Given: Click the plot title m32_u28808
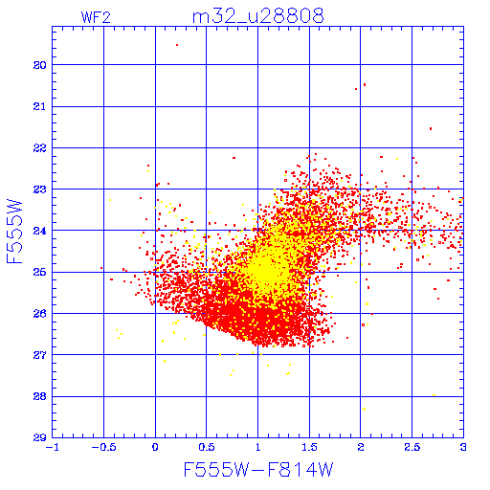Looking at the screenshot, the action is tap(258, 15).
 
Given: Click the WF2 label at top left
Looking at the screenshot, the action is tap(96, 17).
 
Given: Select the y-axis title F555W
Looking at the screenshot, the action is tap(14, 232).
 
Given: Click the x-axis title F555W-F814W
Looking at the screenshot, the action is tap(258, 470).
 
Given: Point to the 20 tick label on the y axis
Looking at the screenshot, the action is tap(39, 65).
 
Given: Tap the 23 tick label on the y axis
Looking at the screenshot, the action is tap(39, 189).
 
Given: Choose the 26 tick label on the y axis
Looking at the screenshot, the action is tap(39, 314).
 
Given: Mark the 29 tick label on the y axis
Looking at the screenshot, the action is tap(39, 437).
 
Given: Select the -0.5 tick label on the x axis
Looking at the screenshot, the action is tap(103, 447).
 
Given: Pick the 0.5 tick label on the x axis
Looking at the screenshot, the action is tap(207, 447).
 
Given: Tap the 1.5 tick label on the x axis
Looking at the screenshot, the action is tap(309, 447).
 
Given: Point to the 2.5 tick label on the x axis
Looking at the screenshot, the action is tap(412, 447).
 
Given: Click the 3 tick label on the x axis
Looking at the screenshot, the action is tap(463, 447).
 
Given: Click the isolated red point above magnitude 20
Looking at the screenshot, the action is tap(177, 45).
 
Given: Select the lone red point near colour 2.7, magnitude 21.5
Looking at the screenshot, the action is tap(431, 129).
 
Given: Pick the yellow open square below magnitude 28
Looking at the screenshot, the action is tap(364, 409).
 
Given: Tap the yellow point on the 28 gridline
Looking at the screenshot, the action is tap(434, 395).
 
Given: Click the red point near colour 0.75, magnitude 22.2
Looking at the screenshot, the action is tap(234, 158).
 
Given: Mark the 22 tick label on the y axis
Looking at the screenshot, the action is tap(39, 148).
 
